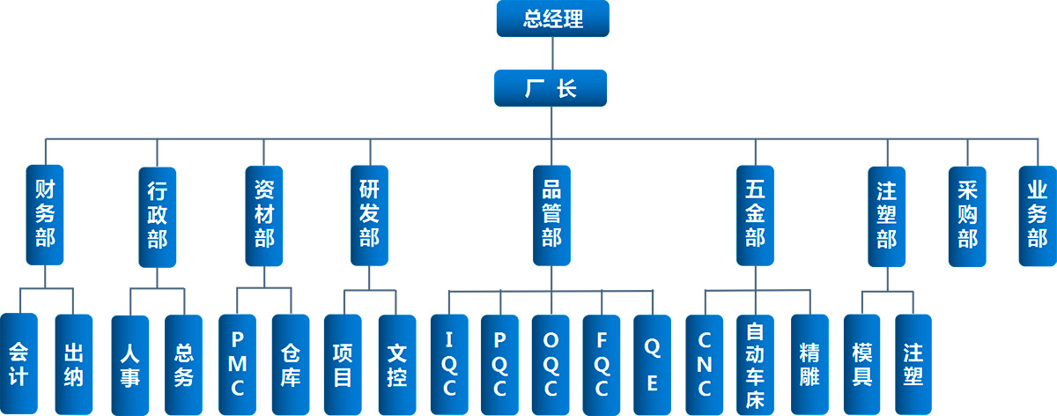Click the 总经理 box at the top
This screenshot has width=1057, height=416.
[x=552, y=19]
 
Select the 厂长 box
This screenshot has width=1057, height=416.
[x=551, y=88]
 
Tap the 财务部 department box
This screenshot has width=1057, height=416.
[x=45, y=215]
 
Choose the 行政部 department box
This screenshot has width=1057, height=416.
[x=158, y=215]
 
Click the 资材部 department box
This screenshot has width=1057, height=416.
[x=264, y=215]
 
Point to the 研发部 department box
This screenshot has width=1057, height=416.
[x=369, y=215]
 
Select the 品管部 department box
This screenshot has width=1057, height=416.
[x=551, y=215]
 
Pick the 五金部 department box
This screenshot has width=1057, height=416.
[x=755, y=215]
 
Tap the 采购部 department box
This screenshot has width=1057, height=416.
[x=967, y=215]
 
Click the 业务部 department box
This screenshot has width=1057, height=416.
[x=1038, y=215]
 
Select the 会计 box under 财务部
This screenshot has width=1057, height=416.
[x=18, y=363]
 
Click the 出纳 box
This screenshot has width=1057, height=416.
[x=73, y=363]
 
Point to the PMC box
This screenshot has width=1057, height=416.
[x=238, y=363]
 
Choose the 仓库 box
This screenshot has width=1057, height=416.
[x=291, y=363]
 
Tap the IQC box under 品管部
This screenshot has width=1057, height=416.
[x=449, y=363]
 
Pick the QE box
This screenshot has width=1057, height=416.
[x=652, y=363]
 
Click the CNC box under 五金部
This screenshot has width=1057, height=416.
[x=704, y=363]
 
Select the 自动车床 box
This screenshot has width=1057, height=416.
[x=755, y=363]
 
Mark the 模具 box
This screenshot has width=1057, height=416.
[x=861, y=363]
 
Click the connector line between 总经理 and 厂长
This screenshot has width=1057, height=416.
[x=551, y=53]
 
